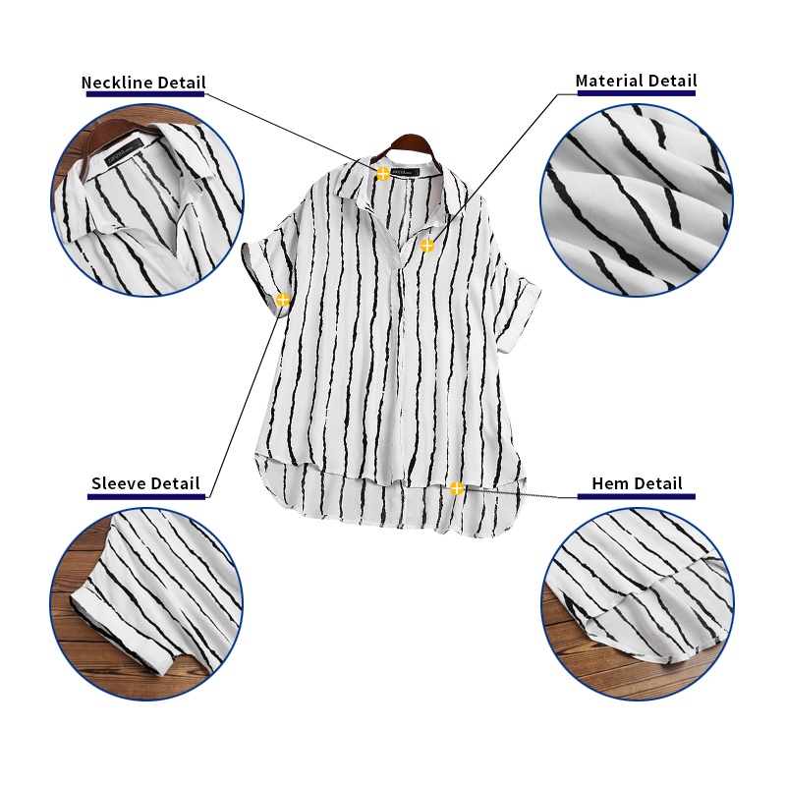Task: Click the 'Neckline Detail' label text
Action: [x=143, y=83]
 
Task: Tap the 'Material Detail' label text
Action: [x=636, y=81]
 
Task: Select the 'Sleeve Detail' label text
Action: [x=145, y=483]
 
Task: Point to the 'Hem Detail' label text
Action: [x=637, y=483]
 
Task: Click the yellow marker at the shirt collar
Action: [x=382, y=174]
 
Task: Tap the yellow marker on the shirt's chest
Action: [x=426, y=246]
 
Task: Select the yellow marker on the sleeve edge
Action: [x=283, y=300]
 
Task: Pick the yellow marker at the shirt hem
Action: [x=457, y=487]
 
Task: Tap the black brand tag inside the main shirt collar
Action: [x=403, y=173]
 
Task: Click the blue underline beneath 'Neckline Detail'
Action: [x=143, y=95]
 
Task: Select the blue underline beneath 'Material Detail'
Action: [x=636, y=93]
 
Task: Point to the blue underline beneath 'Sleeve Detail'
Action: [x=145, y=496]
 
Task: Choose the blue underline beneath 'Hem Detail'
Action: [x=637, y=496]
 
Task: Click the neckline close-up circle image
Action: [x=147, y=201]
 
